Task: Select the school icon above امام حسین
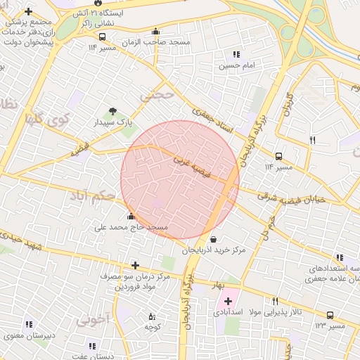coord(236,54)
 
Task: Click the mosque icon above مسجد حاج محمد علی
coord(131,216)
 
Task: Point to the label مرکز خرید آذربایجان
coord(214,250)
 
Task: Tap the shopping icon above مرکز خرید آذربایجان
coord(214,239)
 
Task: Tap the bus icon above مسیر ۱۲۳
coord(330,315)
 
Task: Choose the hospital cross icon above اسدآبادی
coord(229,301)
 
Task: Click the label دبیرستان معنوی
coord(30,335)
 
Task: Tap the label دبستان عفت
coord(92,356)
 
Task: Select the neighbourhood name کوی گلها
coord(45,118)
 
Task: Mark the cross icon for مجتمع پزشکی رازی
coord(28,12)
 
